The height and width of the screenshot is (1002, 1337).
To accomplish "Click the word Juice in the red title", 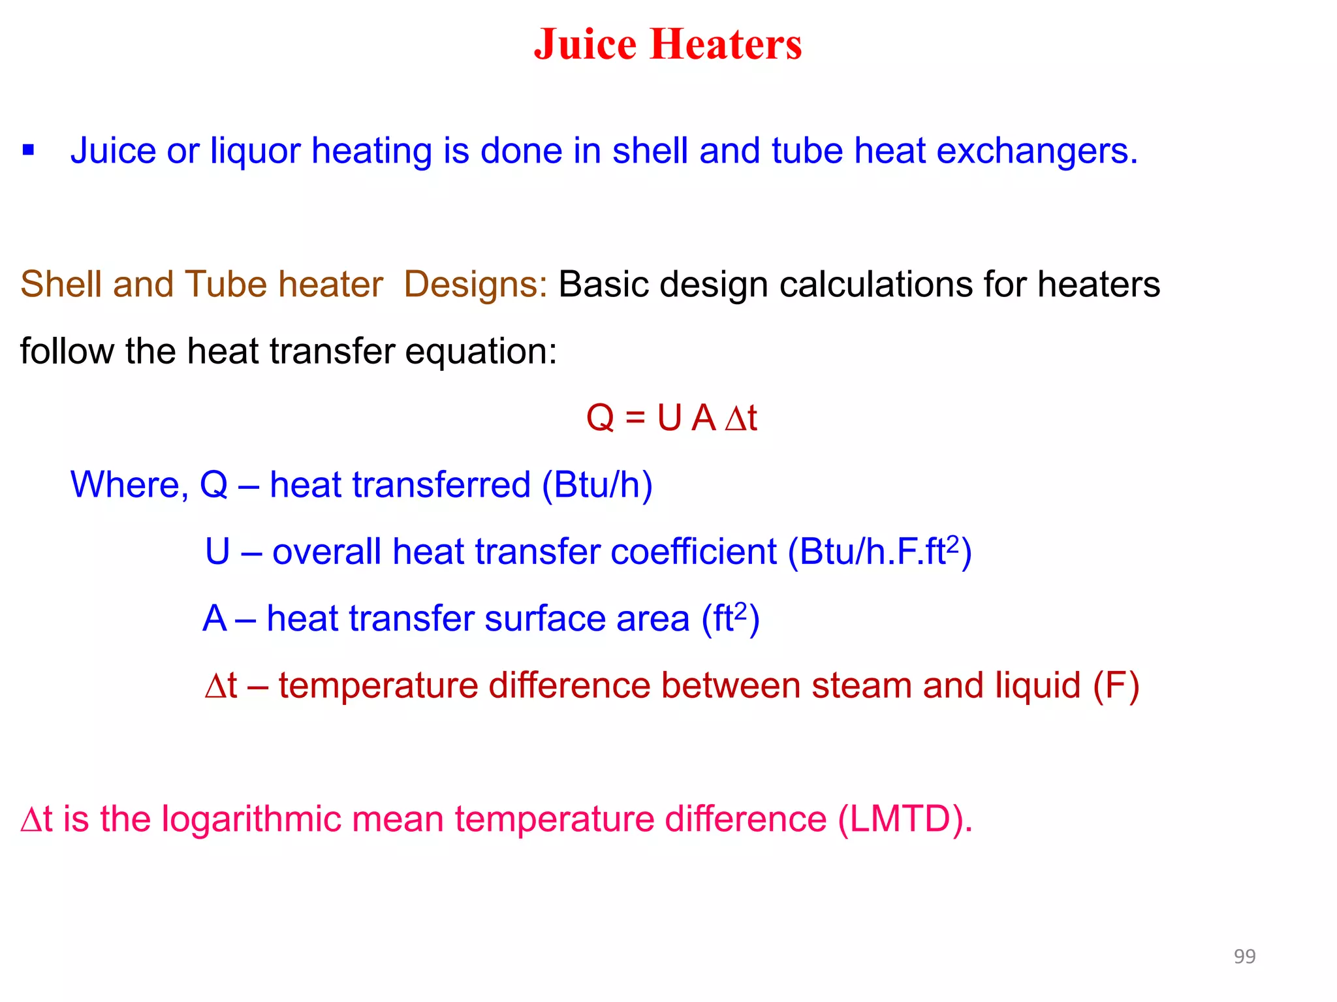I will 585,44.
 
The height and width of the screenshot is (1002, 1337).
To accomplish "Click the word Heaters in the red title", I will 726,44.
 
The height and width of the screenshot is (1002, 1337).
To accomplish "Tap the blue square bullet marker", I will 28,151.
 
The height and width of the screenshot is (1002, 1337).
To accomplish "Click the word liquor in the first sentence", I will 255,151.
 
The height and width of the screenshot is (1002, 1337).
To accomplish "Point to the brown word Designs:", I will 475,285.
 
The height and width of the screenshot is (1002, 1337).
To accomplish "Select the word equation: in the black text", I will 481,352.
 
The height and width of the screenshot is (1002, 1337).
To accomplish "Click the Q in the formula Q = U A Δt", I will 601,418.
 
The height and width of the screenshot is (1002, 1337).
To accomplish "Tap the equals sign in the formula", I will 635,418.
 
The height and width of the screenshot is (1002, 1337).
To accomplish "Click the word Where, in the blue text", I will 129,485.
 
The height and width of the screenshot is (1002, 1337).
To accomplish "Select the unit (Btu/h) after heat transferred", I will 597,485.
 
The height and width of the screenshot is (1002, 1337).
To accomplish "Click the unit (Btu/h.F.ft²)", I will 879,552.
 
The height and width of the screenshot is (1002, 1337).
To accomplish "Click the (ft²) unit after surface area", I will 730,619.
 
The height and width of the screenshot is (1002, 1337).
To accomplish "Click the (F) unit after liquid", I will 1116,686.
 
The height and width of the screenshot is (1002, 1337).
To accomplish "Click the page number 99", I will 1244,956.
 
